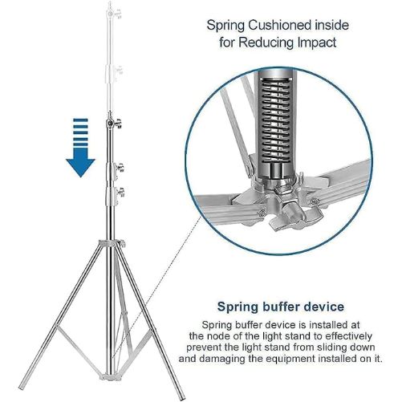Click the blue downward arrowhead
click(80, 166)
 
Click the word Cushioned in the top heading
click(279, 26)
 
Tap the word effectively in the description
click(349, 336)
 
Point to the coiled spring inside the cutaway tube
click(275, 119)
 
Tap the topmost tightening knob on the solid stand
click(117, 124)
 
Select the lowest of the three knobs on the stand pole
click(120, 193)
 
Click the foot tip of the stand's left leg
click(21, 387)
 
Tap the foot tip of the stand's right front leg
click(182, 397)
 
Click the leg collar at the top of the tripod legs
click(112, 244)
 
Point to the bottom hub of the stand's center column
click(110, 377)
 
